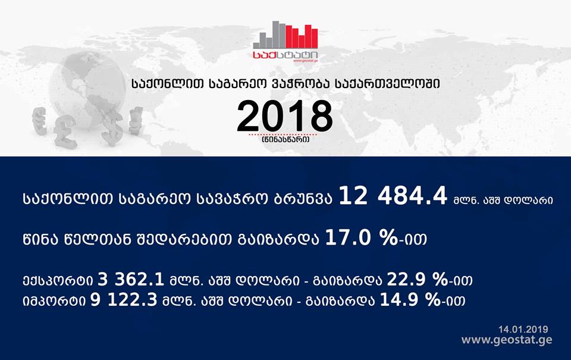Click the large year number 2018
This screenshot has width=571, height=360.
coord(285,116)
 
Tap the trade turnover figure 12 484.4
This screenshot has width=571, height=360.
coord(393,196)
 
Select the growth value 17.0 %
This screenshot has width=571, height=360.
coord(361,238)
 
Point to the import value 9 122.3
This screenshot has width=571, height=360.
coord(124,300)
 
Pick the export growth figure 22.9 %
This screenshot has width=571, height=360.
coord(418,280)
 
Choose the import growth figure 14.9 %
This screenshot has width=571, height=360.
coord(410,300)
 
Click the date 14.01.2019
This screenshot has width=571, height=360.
coord(523,330)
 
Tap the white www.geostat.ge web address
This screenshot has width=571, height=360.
coord(507,340)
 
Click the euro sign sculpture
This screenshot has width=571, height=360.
coord(39,121)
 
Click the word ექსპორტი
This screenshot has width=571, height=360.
coord(58,281)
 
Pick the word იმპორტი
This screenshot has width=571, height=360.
coord(54,301)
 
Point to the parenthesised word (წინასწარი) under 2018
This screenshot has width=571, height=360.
coord(285,140)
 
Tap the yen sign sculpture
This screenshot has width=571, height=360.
coord(136,121)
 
